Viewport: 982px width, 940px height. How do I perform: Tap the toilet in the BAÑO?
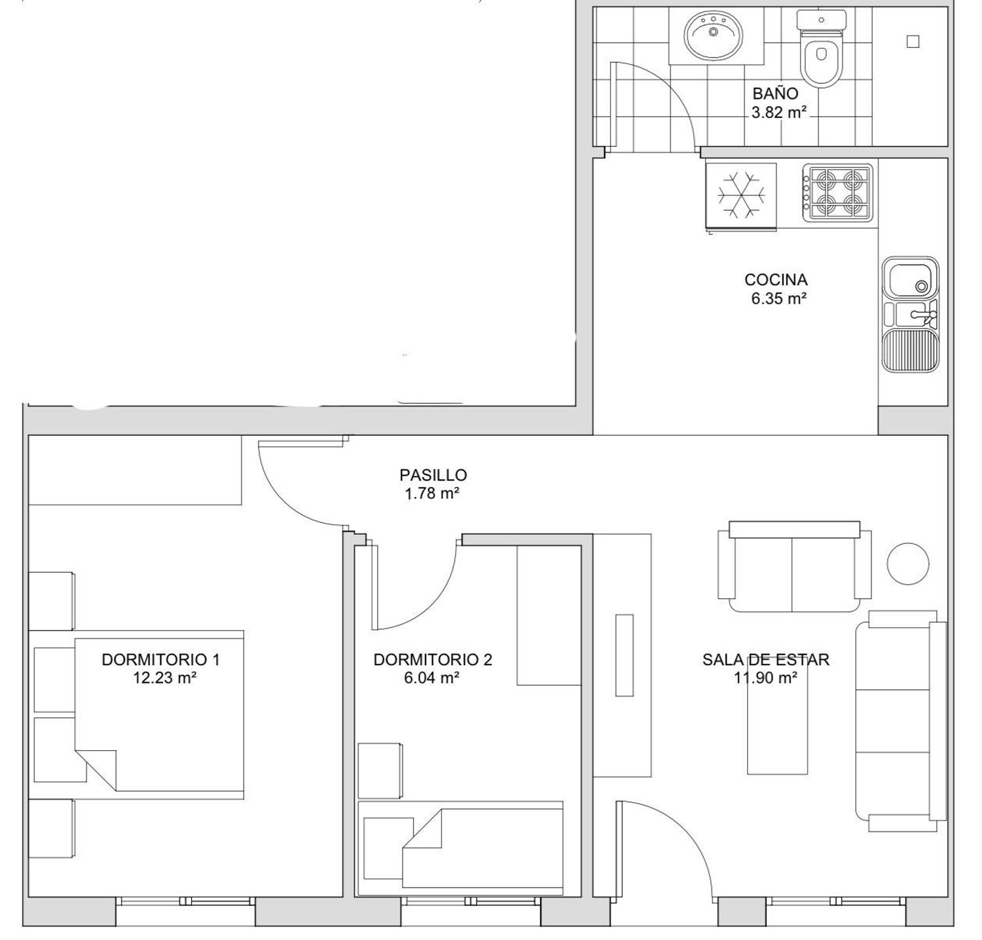point(821,48)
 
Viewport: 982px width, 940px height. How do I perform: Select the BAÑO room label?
point(775,94)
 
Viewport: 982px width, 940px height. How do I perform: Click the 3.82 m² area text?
point(778,113)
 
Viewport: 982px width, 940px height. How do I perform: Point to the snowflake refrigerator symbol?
point(741,196)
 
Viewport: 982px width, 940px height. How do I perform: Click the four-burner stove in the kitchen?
point(838,192)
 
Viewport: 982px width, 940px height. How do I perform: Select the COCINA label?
point(776,280)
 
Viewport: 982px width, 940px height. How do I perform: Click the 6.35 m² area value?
point(778,299)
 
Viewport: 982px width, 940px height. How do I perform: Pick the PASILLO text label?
point(433,475)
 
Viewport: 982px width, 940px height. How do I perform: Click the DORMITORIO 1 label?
point(160,660)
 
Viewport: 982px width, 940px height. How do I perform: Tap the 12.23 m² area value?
point(165,678)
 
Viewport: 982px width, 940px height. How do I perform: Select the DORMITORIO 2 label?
point(433,660)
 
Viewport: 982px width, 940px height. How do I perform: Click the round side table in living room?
point(908,564)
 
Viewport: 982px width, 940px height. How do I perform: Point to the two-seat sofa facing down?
point(794,567)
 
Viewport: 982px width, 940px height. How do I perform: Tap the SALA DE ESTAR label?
point(766,660)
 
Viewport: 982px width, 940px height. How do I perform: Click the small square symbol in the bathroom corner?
point(913,42)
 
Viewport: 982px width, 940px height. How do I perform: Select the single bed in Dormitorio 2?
point(461,848)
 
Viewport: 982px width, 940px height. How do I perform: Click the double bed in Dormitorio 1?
point(160,715)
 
